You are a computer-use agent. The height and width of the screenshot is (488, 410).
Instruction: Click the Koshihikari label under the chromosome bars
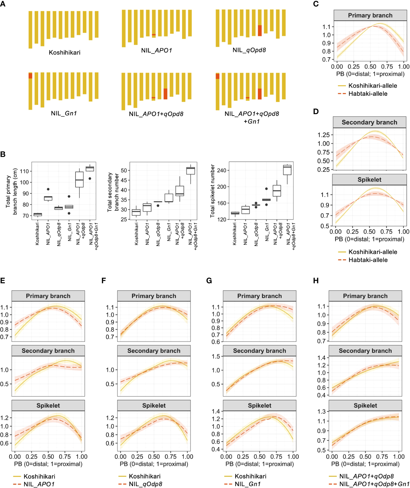tap(65, 53)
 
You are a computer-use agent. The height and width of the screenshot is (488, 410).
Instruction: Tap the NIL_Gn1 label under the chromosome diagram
tap(64, 113)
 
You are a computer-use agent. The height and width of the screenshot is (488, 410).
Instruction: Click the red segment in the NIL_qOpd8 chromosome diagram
tap(260, 30)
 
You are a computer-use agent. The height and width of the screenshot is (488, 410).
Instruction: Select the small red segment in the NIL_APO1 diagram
tap(154, 35)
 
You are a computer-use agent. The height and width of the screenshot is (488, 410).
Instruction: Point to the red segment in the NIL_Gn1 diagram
tap(30, 76)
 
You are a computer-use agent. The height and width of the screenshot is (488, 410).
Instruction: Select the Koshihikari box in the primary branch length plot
tap(38, 214)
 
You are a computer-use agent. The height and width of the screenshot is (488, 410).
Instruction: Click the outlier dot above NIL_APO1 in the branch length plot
tap(48, 189)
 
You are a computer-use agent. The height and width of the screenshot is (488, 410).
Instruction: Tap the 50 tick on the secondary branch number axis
tap(124, 170)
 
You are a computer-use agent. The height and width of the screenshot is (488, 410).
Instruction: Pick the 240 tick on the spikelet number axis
tap(222, 170)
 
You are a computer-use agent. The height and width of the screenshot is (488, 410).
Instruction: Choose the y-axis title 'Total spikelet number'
tap(212, 191)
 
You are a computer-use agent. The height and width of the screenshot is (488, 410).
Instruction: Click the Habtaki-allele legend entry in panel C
tap(368, 94)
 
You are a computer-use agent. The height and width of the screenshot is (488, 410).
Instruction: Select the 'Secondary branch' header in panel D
tap(369, 122)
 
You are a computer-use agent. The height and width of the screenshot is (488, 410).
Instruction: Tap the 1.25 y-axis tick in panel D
tap(324, 135)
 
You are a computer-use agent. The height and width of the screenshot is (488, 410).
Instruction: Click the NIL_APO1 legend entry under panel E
tap(39, 484)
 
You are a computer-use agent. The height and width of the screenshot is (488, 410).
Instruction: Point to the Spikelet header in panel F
tap(154, 406)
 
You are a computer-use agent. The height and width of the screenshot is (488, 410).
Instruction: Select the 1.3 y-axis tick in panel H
tap(322, 411)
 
